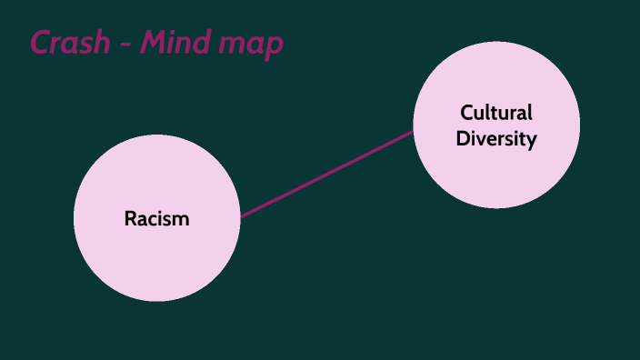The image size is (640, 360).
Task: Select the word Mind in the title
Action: point(172,43)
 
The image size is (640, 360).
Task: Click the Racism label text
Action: point(156,219)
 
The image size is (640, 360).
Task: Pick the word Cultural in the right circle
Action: point(496,113)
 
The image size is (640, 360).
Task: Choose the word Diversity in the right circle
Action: point(496,139)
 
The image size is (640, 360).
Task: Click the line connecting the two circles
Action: point(327,174)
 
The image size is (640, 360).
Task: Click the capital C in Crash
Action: point(41,43)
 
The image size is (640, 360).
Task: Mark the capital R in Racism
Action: point(130,219)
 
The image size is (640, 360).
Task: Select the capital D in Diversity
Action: point(462,139)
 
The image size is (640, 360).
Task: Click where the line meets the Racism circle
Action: point(242,216)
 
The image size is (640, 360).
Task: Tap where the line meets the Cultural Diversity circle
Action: point(414,132)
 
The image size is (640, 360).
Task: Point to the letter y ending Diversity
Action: point(532,142)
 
